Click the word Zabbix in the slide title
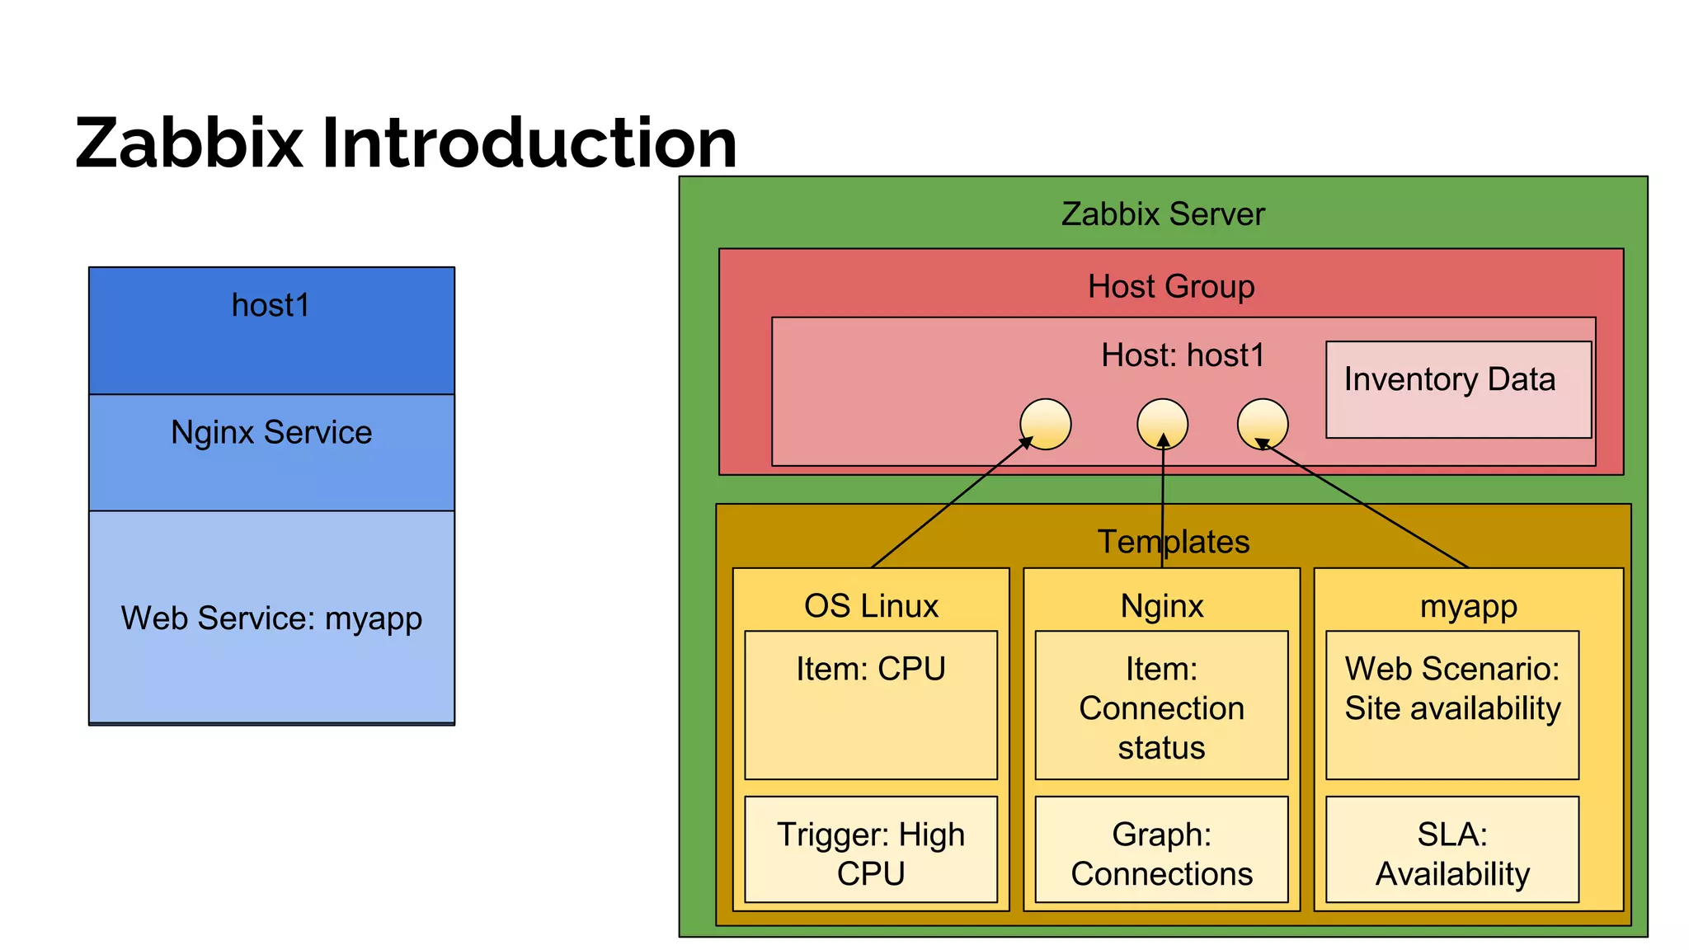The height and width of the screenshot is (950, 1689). (189, 143)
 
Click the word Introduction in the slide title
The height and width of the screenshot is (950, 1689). (529, 143)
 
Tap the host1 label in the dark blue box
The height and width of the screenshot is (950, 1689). (271, 305)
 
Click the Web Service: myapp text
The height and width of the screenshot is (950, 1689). (271, 618)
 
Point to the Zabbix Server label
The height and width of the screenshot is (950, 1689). (1162, 214)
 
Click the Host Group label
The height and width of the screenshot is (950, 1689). (1170, 286)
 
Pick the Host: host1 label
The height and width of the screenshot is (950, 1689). (1182, 355)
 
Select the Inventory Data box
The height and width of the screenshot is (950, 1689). (1457, 389)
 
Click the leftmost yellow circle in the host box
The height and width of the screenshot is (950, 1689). (1045, 424)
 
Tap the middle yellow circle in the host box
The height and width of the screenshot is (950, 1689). (1162, 424)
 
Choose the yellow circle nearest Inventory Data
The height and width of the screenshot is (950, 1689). (1262, 424)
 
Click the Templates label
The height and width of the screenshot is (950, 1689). (1173, 542)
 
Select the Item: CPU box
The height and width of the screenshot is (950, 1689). (870, 704)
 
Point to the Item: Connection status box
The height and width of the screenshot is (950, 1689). (1161, 706)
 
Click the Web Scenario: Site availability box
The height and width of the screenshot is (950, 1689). (1451, 704)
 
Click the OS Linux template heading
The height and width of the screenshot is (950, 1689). (871, 606)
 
